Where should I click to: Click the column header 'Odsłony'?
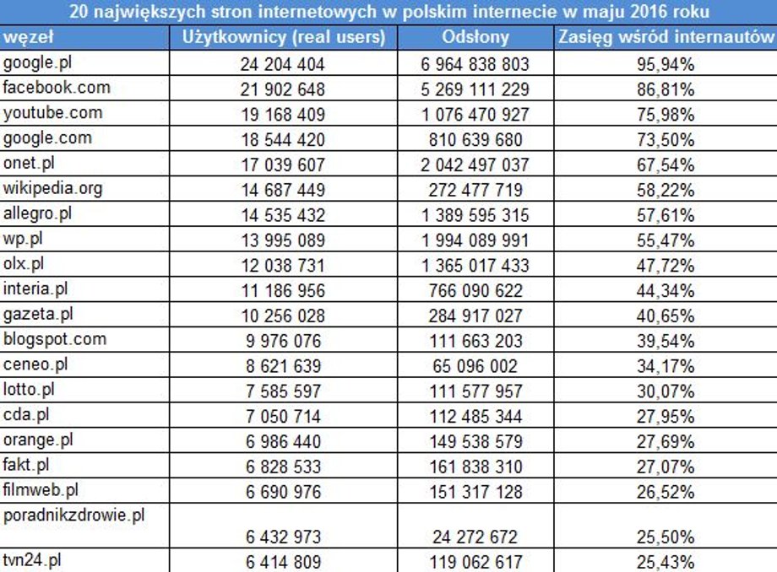pyautogui.click(x=475, y=38)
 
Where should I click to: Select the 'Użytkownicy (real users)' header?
pyautogui.click(x=284, y=38)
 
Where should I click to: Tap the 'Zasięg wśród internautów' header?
pyautogui.click(x=666, y=38)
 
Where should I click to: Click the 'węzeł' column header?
pyautogui.click(x=28, y=38)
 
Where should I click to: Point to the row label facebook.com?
pyautogui.click(x=57, y=88)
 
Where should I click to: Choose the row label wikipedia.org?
pyautogui.click(x=52, y=189)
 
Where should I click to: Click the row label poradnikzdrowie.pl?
pyautogui.click(x=73, y=515)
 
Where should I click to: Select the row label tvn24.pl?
pyautogui.click(x=32, y=561)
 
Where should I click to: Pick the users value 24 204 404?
pyautogui.click(x=282, y=64)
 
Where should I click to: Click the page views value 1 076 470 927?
pyautogui.click(x=475, y=115)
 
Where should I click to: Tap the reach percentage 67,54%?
pyautogui.click(x=666, y=165)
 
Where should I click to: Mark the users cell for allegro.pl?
pyautogui.click(x=283, y=215)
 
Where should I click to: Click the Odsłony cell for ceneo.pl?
pyautogui.click(x=475, y=366)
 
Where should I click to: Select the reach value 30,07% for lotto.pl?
pyautogui.click(x=666, y=391)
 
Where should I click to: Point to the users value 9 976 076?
pyautogui.click(x=284, y=341)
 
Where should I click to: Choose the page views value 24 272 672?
pyautogui.click(x=475, y=537)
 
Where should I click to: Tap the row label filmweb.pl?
pyautogui.click(x=41, y=490)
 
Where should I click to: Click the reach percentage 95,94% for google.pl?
pyautogui.click(x=666, y=64)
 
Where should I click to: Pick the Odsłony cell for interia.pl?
pyautogui.click(x=475, y=290)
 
